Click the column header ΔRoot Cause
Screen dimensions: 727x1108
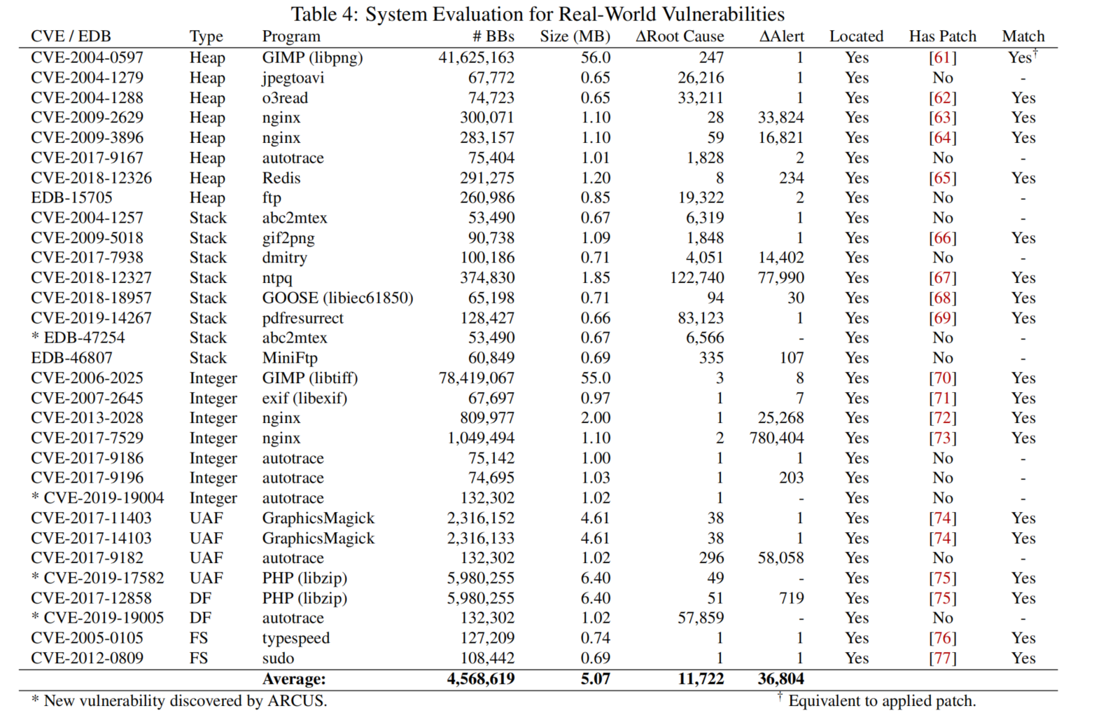click(679, 36)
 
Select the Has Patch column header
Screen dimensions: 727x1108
click(942, 36)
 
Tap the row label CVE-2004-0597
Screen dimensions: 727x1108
click(87, 57)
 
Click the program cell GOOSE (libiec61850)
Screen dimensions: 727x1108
click(337, 298)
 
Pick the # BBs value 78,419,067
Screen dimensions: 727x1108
click(476, 378)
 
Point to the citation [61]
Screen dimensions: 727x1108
click(942, 57)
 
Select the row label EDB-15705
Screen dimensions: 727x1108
click(71, 198)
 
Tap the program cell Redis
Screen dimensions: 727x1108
click(281, 178)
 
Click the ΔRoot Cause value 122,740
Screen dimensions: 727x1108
click(696, 278)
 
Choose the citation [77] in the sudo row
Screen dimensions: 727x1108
click(942, 658)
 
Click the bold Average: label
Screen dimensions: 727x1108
click(294, 679)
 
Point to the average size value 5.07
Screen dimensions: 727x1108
click(595, 679)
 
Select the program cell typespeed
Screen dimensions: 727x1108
click(295, 638)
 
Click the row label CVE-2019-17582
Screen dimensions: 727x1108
click(104, 578)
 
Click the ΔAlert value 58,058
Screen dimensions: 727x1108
click(780, 558)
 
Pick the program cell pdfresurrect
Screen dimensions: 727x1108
click(302, 318)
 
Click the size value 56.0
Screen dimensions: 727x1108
click(595, 57)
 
